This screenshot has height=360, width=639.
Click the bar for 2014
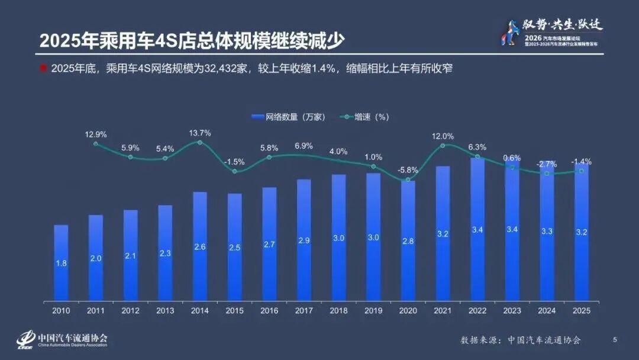[x=200, y=246]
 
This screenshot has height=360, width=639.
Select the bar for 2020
[x=408, y=240]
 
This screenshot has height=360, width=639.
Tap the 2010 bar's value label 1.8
[x=61, y=263]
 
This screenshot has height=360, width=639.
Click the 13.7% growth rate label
[x=200, y=133]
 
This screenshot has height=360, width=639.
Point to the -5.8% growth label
[x=408, y=169]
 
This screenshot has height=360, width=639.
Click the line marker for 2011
[x=96, y=144]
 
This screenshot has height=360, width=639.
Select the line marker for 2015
[x=235, y=171]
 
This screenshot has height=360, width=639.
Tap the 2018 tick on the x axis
[x=339, y=310]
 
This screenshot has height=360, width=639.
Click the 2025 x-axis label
[x=582, y=310]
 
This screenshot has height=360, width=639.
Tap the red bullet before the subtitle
[x=43, y=68]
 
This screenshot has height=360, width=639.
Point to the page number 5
[x=615, y=339]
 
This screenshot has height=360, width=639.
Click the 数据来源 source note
[x=521, y=340]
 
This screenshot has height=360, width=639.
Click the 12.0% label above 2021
[x=443, y=136]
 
